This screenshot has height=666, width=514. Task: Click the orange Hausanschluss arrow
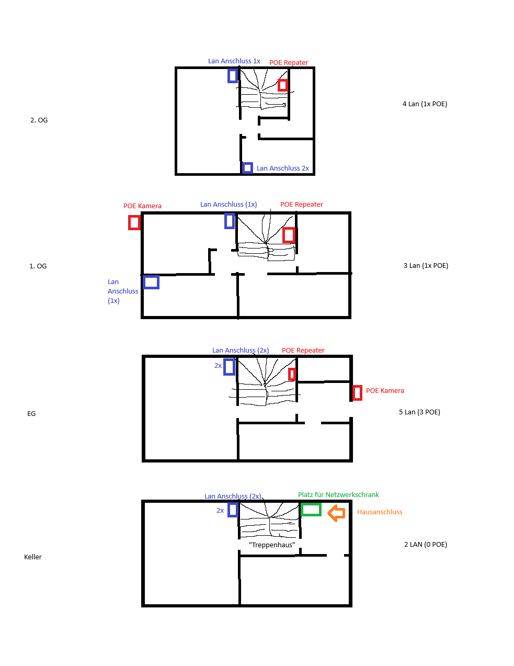[x=336, y=513]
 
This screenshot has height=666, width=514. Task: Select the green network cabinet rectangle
[x=311, y=504]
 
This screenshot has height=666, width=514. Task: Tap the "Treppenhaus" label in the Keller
[x=272, y=545]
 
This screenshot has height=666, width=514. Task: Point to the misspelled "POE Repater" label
[x=289, y=63]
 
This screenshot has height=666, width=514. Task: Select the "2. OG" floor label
[x=39, y=120]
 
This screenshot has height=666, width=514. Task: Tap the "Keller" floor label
[x=33, y=557]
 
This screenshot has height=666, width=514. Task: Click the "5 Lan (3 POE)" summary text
[x=419, y=412]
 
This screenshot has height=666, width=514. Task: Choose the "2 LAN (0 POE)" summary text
[x=426, y=544]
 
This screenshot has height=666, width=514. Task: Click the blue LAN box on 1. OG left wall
[x=151, y=276]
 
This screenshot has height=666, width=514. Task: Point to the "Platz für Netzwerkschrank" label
[x=338, y=495]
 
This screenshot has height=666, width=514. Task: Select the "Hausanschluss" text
[x=380, y=512]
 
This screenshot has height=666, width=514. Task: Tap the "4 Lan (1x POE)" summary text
[x=425, y=104]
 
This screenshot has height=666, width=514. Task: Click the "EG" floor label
[x=31, y=413]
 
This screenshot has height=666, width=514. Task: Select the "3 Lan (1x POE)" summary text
[x=426, y=265]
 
